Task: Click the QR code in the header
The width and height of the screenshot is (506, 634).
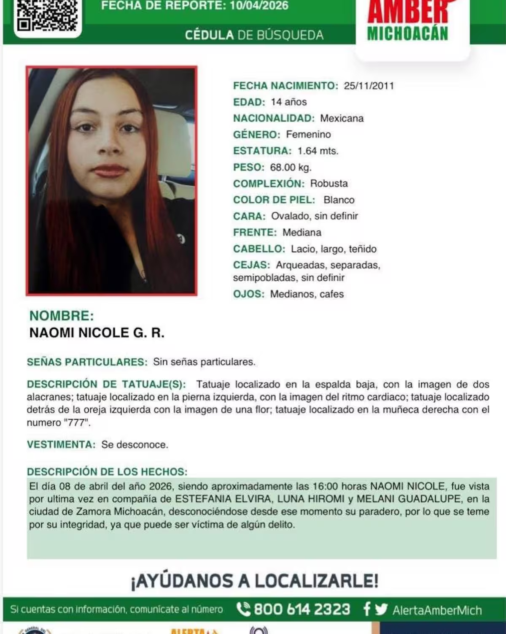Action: pyautogui.click(x=47, y=16)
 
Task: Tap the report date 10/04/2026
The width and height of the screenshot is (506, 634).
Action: pyautogui.click(x=259, y=5)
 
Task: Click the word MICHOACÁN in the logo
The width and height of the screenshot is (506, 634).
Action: pyautogui.click(x=407, y=34)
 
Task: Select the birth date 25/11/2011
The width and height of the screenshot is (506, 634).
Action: pyautogui.click(x=369, y=86)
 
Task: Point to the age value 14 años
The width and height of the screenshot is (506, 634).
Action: pyautogui.click(x=288, y=102)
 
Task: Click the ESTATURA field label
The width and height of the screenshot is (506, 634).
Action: pyautogui.click(x=262, y=151)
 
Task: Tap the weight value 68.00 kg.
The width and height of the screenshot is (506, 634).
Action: pyautogui.click(x=291, y=167)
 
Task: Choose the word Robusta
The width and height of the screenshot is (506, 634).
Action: pyautogui.click(x=329, y=184)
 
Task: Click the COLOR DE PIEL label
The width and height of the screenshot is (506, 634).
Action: pyautogui.click(x=274, y=200)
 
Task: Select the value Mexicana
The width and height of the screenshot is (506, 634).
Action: pyautogui.click(x=342, y=118)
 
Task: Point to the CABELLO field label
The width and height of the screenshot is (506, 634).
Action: pyautogui.click(x=259, y=249)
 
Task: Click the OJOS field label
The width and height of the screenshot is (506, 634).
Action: pyautogui.click(x=249, y=294)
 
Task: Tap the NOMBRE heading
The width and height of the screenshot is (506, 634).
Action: pyautogui.click(x=62, y=316)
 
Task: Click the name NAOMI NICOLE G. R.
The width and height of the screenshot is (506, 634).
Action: pyautogui.click(x=97, y=333)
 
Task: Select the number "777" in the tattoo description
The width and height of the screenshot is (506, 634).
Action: pyautogui.click(x=76, y=423)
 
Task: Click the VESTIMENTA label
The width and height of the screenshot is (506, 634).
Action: pyautogui.click(x=61, y=444)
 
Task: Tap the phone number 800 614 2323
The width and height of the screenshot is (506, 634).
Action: pyautogui.click(x=301, y=610)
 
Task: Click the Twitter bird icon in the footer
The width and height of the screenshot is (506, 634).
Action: pyautogui.click(x=382, y=610)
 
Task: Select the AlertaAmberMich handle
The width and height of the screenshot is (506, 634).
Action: pyautogui.click(x=437, y=610)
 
